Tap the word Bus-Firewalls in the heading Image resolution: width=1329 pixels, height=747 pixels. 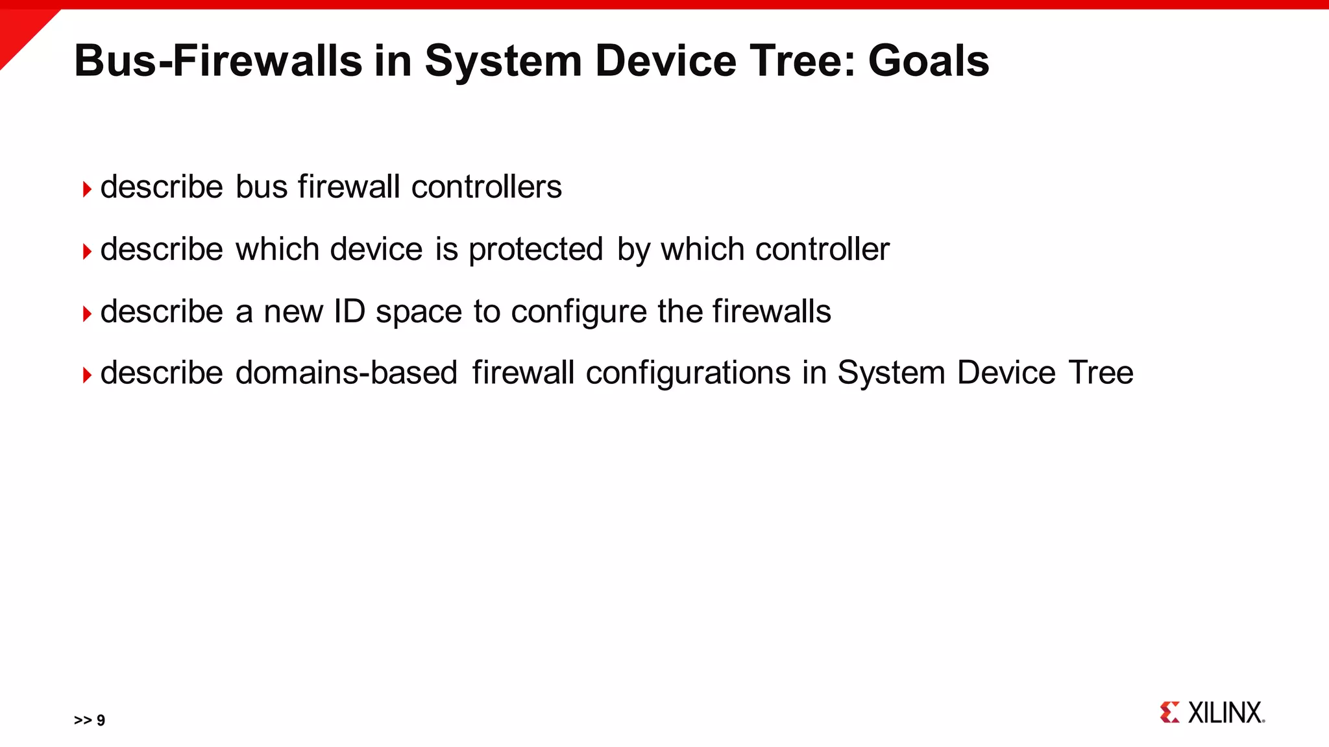[217, 61]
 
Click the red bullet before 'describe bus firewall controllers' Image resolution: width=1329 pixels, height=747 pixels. [87, 189]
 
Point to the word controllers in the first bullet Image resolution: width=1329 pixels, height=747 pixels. [486, 187]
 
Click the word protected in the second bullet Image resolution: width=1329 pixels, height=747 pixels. [535, 250]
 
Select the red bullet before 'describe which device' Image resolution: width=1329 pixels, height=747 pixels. [87, 251]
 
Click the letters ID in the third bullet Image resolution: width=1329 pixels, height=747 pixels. [349, 312]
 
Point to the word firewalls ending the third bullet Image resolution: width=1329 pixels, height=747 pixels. [772, 312]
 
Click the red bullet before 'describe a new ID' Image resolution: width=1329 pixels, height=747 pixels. [87, 314]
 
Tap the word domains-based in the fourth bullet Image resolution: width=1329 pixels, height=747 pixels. [347, 373]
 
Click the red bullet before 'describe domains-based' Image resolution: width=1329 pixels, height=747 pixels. [87, 375]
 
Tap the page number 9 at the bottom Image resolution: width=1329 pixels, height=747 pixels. [101, 720]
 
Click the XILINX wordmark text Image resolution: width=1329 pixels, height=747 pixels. [1225, 713]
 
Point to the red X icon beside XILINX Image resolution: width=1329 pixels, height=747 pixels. [1169, 712]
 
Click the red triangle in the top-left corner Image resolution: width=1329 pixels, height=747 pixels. [19, 29]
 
